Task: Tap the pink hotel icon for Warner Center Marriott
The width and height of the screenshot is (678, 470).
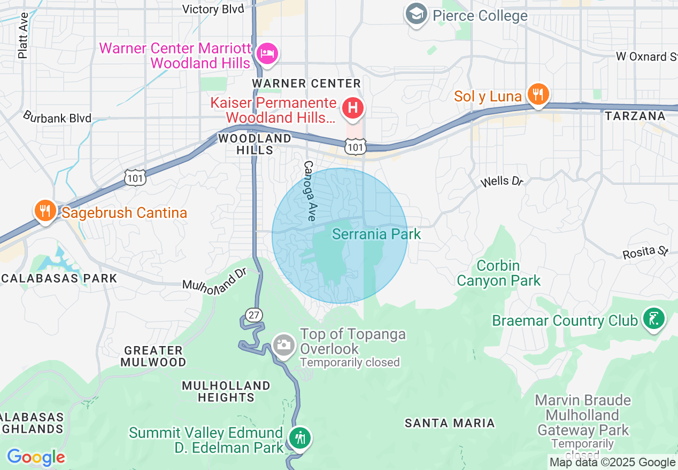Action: point(266,53)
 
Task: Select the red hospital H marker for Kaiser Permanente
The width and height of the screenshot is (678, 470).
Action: point(352,108)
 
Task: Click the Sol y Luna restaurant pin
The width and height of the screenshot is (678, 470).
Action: point(538,95)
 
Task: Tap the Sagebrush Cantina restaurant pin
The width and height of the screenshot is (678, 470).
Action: point(45,211)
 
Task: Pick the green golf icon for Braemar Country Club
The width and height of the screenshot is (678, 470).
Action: point(653,319)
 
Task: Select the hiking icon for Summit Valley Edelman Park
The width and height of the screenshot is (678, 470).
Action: point(299,438)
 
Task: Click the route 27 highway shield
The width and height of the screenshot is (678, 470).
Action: point(254,315)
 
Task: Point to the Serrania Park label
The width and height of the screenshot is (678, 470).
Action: point(376,234)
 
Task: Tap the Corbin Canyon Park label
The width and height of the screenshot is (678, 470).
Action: point(498,273)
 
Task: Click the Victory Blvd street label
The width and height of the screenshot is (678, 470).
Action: point(213,9)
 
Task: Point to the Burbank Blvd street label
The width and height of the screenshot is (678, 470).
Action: point(57,117)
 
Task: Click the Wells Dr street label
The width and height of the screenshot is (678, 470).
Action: point(502,182)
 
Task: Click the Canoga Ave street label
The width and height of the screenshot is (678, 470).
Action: point(310,191)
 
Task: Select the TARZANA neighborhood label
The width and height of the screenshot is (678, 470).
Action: point(635,116)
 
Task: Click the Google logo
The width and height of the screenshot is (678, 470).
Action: point(36,458)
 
